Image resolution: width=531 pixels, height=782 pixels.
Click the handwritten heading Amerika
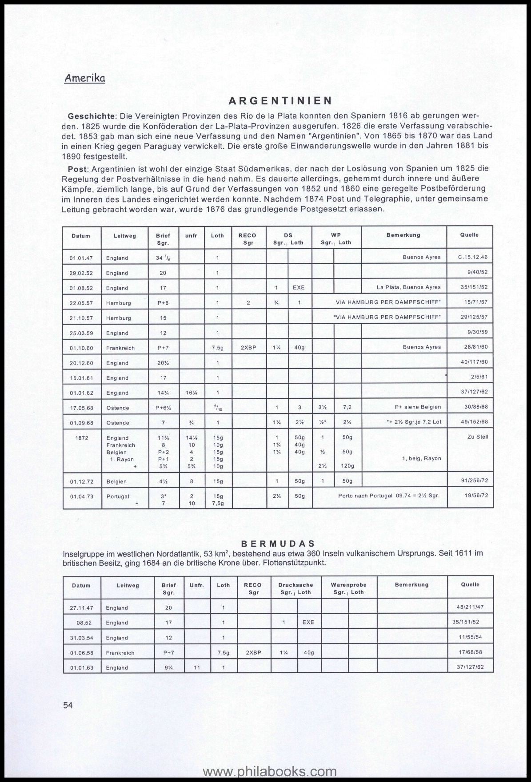pos(85,78)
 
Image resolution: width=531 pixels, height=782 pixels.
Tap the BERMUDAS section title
pos(278,544)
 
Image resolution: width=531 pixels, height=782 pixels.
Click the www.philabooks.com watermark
pos(270,771)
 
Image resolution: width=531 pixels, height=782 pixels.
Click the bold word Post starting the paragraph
pos(78,169)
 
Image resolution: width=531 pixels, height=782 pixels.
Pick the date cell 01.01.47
pos(81,258)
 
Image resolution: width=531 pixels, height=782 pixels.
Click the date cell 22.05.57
pos(81,303)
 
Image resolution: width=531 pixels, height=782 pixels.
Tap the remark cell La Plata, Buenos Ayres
pos(409,287)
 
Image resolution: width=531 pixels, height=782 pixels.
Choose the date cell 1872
pos(82,438)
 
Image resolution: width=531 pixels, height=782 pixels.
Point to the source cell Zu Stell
pos(478,437)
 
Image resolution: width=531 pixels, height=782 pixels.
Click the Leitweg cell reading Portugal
pos(118,496)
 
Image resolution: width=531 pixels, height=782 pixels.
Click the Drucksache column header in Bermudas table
pos(296,585)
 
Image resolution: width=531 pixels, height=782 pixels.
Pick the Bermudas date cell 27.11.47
pos(81,608)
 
